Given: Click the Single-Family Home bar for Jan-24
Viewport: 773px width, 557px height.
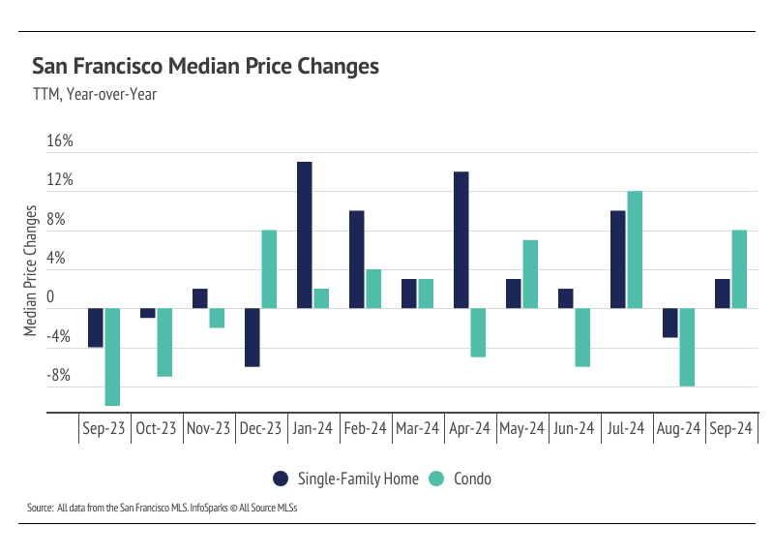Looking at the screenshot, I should click(x=304, y=235).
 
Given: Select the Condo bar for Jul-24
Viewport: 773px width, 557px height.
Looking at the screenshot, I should click(x=635, y=250).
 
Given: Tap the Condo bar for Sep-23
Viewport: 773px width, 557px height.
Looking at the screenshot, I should click(x=112, y=356).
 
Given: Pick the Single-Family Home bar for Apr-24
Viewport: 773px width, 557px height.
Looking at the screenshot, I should click(x=461, y=240).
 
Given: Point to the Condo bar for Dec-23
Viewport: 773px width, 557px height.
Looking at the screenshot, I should click(x=269, y=269).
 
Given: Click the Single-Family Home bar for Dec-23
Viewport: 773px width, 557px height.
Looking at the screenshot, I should click(x=252, y=337).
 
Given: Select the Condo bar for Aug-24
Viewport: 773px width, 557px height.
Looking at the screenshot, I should click(x=687, y=347).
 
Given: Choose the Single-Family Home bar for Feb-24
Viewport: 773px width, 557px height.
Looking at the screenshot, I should click(x=356, y=260).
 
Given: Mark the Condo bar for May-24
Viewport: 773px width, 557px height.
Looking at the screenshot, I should click(x=530, y=274).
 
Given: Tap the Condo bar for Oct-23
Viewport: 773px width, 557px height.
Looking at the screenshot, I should click(x=164, y=342).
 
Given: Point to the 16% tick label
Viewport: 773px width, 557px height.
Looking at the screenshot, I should click(x=60, y=141).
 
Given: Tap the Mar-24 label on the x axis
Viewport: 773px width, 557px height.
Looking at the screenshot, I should click(x=417, y=428).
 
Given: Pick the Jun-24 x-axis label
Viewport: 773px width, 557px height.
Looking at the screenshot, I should click(x=574, y=428).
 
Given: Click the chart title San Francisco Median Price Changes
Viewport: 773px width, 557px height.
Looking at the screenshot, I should click(x=205, y=67).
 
